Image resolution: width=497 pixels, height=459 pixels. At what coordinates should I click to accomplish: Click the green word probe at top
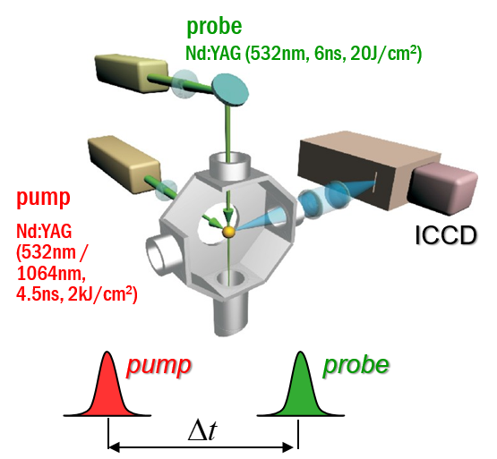[214, 27]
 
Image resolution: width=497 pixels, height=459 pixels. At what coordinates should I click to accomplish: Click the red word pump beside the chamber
[43, 198]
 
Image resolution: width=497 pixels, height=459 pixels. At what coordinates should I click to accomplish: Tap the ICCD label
[446, 235]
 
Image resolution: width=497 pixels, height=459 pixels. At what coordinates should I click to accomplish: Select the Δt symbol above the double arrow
[202, 431]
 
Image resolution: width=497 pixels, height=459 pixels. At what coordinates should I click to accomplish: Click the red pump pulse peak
[107, 353]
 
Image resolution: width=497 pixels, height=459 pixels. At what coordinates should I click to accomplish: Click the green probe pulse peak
[300, 353]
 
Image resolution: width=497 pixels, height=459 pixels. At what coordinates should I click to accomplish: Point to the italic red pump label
[159, 366]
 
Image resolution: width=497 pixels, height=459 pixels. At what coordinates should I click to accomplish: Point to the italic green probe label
[356, 366]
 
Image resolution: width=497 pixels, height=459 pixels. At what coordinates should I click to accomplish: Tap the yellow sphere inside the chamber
[228, 232]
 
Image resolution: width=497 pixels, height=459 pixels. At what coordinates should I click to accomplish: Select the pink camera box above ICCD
[444, 188]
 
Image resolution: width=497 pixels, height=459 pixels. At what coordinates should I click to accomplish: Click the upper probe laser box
[132, 73]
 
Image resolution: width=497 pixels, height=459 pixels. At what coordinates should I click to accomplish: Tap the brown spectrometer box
[369, 171]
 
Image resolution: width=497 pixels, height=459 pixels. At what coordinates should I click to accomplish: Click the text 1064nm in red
[51, 273]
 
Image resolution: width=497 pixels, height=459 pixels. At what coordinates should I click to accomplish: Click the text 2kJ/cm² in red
[102, 294]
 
